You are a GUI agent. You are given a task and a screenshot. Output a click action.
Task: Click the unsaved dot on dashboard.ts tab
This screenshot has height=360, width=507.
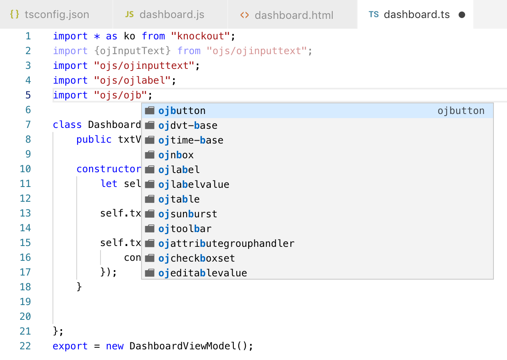tap(461, 15)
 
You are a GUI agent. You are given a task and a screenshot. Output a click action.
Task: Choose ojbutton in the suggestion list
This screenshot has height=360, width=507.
tap(182, 111)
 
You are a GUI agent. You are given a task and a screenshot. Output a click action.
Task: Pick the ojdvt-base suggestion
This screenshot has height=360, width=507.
tap(188, 125)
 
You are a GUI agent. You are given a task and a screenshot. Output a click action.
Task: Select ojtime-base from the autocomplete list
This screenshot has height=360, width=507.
tap(191, 140)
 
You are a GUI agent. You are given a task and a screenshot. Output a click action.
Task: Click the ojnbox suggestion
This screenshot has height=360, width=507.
tap(176, 155)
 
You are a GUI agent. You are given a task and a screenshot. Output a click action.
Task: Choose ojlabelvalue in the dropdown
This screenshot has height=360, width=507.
tap(194, 185)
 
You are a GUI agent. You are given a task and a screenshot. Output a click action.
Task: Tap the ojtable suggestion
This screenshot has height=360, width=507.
tap(179, 199)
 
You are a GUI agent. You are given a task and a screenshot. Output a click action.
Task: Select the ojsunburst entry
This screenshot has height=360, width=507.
tap(188, 214)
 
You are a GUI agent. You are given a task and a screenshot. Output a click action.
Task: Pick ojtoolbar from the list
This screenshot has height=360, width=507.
tap(185, 229)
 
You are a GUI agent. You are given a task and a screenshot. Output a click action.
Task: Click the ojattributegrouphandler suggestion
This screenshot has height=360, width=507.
tap(226, 244)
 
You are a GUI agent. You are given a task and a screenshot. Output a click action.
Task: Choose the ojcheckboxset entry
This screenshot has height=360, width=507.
tap(196, 258)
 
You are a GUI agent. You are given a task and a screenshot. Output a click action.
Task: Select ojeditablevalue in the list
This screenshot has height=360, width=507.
tap(203, 273)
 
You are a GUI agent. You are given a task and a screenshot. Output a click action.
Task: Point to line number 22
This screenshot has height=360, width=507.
tap(25, 346)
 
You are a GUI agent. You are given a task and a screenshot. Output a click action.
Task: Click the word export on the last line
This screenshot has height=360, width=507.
tap(70, 346)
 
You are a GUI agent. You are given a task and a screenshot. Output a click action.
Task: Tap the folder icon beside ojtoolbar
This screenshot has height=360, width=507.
tap(150, 229)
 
